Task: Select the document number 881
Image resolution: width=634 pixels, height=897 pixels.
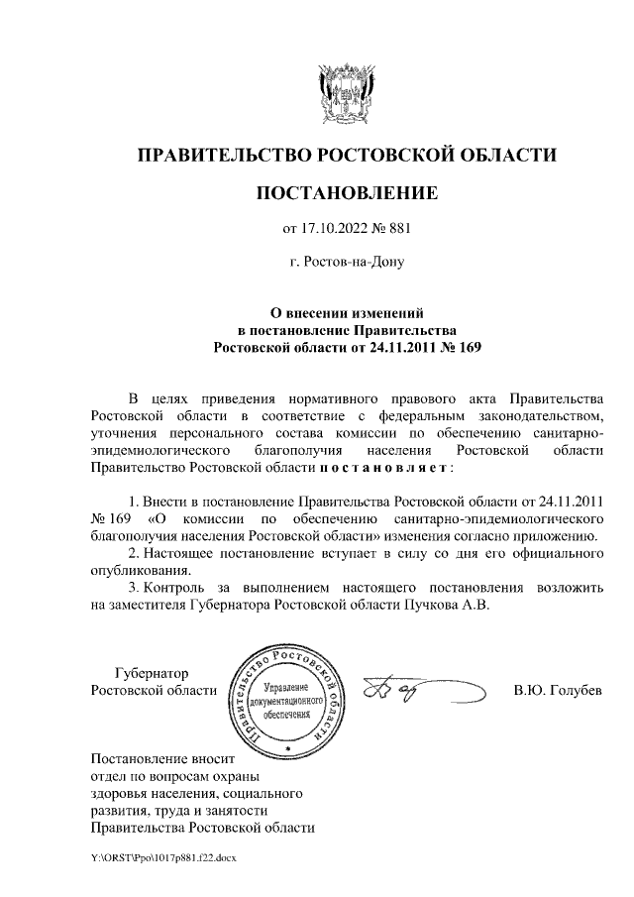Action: [x=396, y=230]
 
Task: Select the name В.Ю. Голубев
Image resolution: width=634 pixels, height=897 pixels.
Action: [x=558, y=690]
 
